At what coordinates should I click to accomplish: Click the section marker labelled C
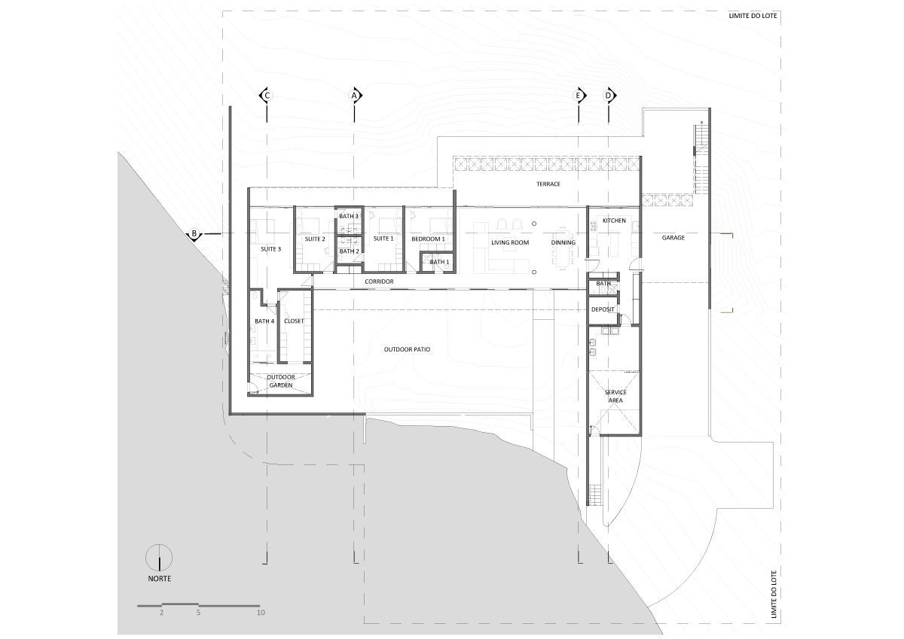(265, 96)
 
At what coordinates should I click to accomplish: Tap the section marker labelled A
(356, 96)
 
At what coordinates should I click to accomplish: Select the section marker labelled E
(579, 96)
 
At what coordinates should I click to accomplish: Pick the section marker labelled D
(609, 96)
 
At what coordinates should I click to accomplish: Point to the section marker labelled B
(194, 234)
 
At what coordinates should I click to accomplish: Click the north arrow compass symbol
(159, 558)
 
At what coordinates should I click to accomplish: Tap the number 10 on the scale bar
(261, 613)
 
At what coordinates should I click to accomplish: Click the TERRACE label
(548, 184)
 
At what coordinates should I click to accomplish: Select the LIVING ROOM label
(510, 243)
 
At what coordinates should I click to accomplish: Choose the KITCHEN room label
(613, 221)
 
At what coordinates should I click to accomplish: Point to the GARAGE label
(673, 238)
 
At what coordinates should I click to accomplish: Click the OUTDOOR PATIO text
(407, 349)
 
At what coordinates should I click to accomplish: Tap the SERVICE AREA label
(615, 397)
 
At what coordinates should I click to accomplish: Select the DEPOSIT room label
(603, 309)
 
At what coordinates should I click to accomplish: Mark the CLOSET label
(293, 321)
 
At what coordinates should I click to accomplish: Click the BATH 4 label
(264, 321)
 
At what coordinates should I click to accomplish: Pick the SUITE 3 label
(271, 248)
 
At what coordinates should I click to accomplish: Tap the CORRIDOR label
(379, 281)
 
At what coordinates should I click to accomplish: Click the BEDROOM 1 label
(428, 239)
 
